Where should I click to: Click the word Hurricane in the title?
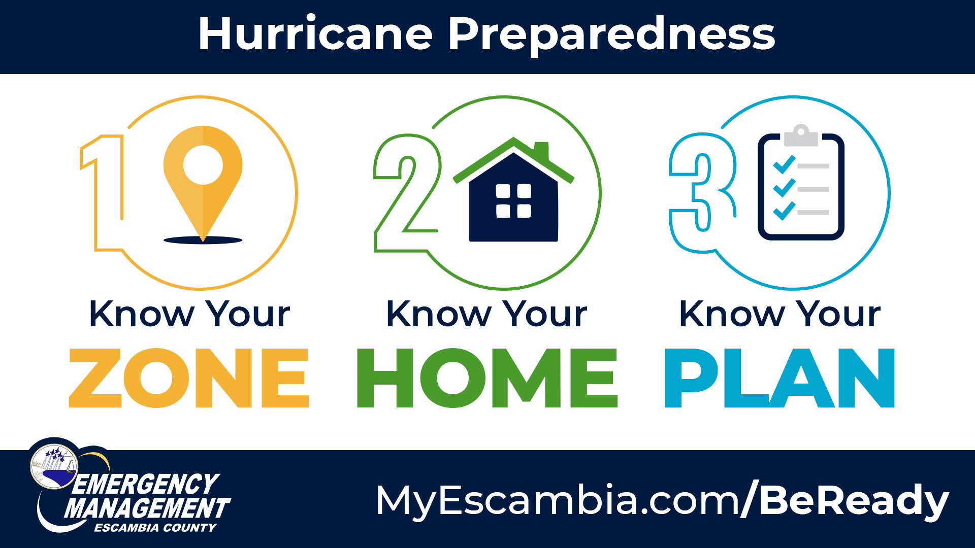[315, 33]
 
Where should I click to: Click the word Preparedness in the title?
[611, 36]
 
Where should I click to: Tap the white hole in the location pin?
[203, 165]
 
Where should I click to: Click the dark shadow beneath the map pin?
[203, 240]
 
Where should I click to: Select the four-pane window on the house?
[513, 201]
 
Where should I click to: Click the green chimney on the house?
[541, 151]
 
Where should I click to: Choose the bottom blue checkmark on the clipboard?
[784, 211]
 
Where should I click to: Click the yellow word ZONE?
[189, 378]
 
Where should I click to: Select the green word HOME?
[487, 378]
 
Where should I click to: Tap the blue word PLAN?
[779, 378]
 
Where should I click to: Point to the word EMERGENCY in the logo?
[146, 484]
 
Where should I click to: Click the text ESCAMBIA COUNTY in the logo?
[155, 528]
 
